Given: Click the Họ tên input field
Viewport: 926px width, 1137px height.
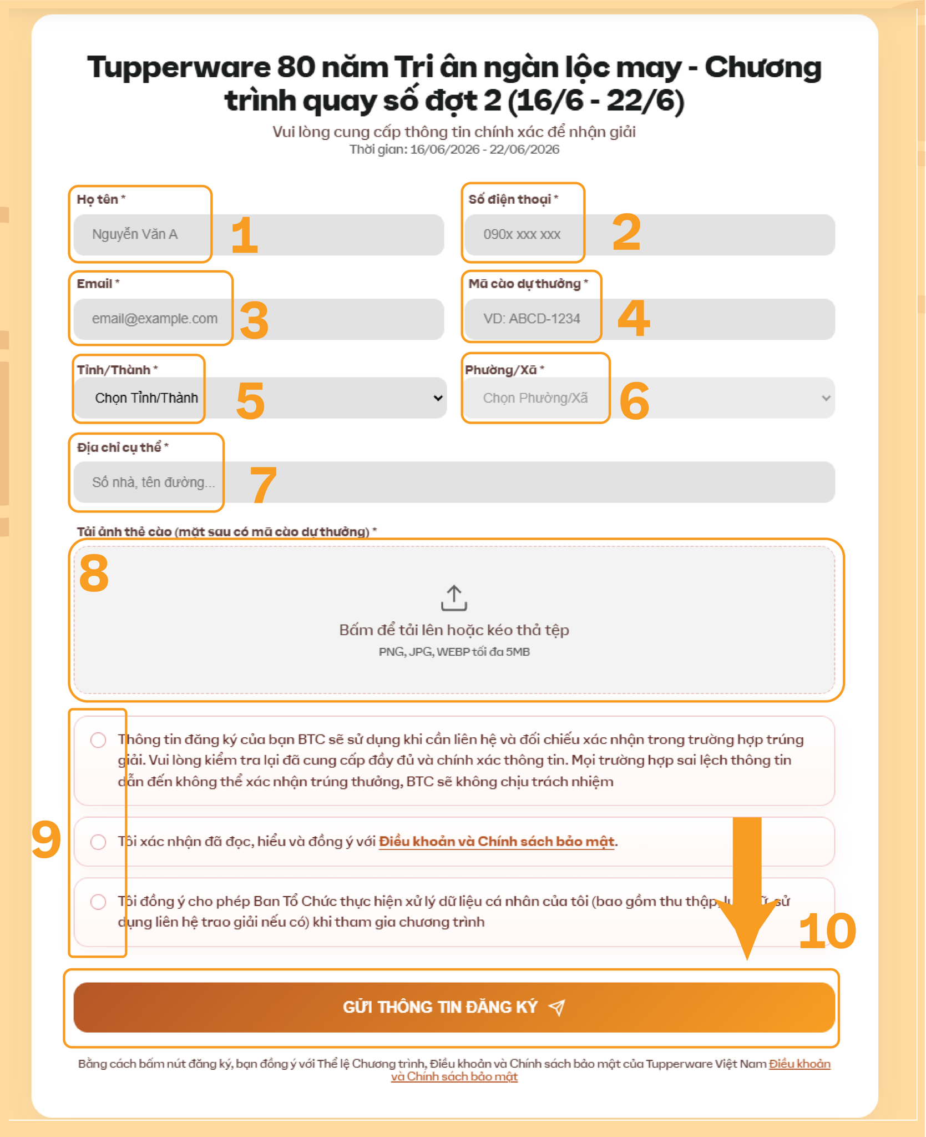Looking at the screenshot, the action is (x=259, y=235).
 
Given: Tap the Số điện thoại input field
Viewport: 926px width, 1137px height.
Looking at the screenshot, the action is (x=650, y=235).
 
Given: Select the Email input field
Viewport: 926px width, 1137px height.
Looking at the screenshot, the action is (x=259, y=319).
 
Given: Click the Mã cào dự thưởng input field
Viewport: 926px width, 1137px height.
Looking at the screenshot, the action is (x=650, y=319).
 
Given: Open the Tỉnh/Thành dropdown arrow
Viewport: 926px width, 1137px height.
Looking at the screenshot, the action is (x=438, y=398).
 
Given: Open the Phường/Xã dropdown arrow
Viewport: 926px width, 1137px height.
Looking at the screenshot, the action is (x=826, y=398).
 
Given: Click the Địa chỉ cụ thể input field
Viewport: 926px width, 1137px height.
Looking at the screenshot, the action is (x=454, y=482).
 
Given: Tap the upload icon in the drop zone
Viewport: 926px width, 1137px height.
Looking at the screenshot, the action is (x=454, y=598).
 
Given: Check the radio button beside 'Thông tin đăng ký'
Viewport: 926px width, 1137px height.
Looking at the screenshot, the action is (x=98, y=740).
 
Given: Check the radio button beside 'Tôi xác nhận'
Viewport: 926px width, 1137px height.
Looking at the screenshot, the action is (x=98, y=842).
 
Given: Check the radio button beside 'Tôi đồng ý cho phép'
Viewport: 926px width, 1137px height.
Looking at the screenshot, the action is (x=98, y=902).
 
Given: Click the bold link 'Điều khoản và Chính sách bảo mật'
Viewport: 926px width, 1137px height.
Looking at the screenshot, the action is (x=497, y=842).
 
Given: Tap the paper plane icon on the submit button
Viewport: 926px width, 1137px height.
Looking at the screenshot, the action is (x=556, y=1007).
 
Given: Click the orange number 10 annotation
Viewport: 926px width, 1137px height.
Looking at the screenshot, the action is (x=827, y=931).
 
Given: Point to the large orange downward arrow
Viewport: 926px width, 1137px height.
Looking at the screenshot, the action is (x=747, y=888).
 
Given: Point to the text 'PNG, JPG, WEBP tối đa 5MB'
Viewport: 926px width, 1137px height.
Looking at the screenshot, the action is (x=454, y=652).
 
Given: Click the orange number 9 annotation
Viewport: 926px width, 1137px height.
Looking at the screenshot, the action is (x=46, y=839).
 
